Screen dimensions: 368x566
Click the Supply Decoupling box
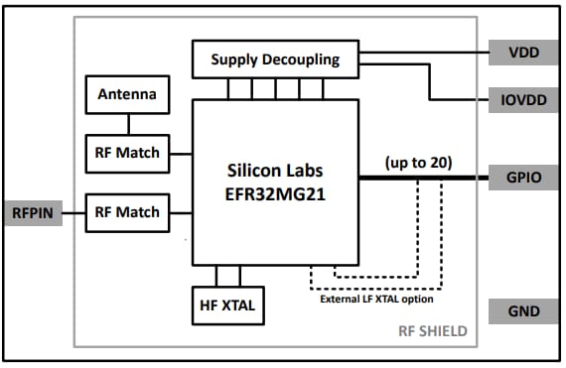pos(275,60)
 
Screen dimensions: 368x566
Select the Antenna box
pos(125,96)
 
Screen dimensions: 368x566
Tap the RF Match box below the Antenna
pos(125,153)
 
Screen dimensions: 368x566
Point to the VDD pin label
pos(523,53)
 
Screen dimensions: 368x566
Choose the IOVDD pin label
pos(523,100)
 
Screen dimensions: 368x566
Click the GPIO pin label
pos(523,180)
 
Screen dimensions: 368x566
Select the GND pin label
pos(523,311)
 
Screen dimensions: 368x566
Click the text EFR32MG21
pos(275,194)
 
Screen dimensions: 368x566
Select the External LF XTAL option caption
pos(375,299)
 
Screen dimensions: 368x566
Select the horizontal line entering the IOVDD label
pos(462,100)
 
